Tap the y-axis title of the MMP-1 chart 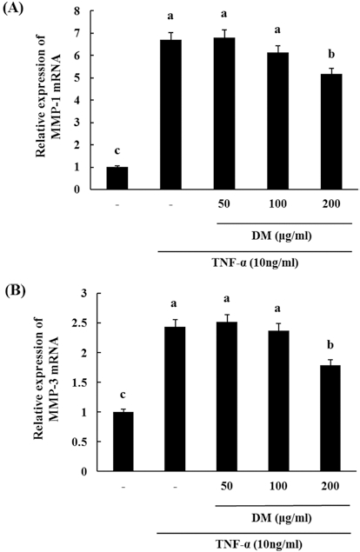tap(47, 102)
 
